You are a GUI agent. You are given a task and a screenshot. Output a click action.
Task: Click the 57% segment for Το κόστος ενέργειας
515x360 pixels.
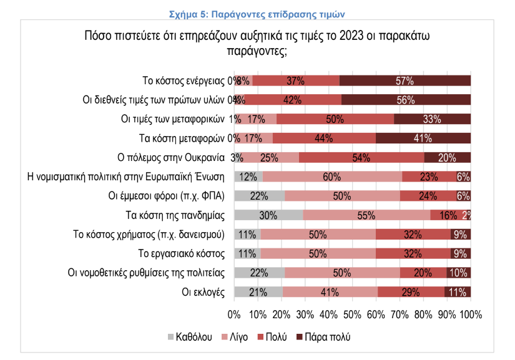405,80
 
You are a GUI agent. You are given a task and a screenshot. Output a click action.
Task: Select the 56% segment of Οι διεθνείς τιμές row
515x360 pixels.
406,100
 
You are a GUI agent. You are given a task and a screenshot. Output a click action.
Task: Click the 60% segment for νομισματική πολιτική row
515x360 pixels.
331,177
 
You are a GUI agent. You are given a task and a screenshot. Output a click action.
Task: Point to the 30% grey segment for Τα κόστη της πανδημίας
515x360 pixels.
269,216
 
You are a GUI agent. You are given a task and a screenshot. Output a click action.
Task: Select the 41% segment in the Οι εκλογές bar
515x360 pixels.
330,292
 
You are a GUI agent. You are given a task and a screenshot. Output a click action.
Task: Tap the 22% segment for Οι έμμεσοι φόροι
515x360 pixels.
259,197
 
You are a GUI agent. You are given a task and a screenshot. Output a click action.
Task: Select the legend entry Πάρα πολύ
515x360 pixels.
323,337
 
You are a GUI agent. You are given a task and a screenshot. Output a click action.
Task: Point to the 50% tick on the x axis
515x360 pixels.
352,314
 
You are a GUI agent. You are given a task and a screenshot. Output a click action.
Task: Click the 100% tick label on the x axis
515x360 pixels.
470,314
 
